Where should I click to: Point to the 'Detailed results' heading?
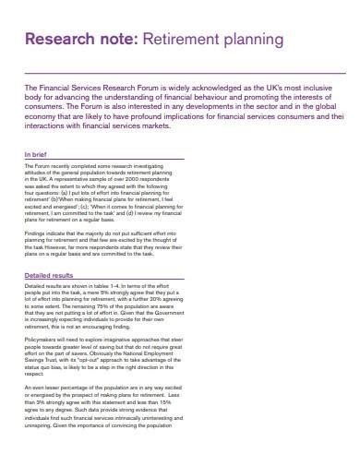48,275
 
